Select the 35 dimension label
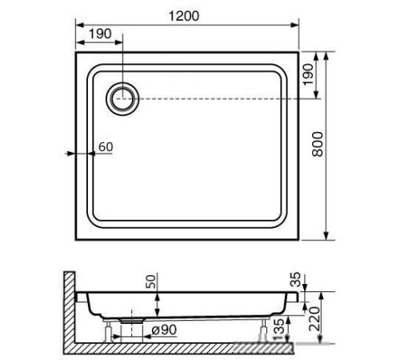coord(297,280)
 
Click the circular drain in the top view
coord(123,98)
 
